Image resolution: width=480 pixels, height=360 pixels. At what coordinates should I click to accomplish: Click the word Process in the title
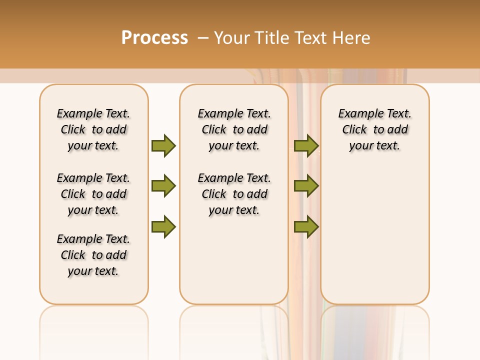click(154, 37)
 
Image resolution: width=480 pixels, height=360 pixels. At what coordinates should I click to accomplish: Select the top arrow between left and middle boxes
click(163, 145)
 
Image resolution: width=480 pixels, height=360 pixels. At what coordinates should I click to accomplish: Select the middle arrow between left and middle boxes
click(163, 186)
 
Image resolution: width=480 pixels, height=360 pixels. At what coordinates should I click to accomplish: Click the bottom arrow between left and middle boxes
click(163, 227)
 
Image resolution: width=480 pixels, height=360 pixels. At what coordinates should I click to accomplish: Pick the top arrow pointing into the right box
click(306, 145)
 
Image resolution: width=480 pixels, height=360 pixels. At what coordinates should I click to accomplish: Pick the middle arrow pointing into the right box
click(306, 186)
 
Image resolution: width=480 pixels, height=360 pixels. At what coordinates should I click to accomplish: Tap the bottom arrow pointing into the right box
click(306, 227)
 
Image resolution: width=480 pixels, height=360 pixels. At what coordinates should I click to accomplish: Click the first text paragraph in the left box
click(93, 129)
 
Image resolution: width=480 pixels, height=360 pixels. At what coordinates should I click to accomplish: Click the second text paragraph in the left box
click(93, 194)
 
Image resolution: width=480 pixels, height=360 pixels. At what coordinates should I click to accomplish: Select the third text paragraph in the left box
click(93, 255)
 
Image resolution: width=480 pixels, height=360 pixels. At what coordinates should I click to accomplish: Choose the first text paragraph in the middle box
click(234, 129)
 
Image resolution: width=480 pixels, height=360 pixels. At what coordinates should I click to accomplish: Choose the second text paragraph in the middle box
click(234, 194)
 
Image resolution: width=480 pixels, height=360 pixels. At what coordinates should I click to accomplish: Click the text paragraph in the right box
click(374, 129)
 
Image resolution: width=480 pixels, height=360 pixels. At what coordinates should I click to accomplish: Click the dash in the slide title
click(203, 37)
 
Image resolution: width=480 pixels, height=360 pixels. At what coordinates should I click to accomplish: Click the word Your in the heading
click(232, 37)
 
